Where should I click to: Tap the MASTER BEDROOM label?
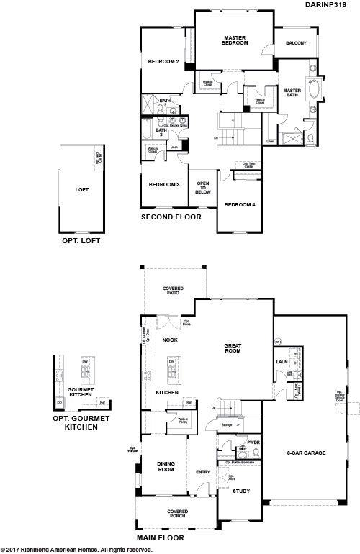pyautogui.click(x=235, y=40)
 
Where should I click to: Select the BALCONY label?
pyautogui.click(x=296, y=43)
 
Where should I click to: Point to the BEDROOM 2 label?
pyautogui.click(x=163, y=62)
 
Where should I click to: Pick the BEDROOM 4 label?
pyautogui.click(x=239, y=204)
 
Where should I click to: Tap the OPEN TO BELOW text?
pyautogui.click(x=202, y=189)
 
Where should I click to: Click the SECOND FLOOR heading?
pyautogui.click(x=171, y=217)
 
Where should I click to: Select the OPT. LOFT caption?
pyautogui.click(x=81, y=241)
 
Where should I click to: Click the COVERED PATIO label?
pyautogui.click(x=173, y=291)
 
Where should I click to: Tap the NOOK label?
pyautogui.click(x=170, y=340)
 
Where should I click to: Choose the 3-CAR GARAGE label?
pyautogui.click(x=306, y=453)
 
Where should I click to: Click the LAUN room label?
pyautogui.click(x=282, y=361)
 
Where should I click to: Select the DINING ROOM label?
pyautogui.click(x=166, y=466)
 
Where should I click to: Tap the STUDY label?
pyautogui.click(x=240, y=491)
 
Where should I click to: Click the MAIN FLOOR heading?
pyautogui.click(x=161, y=537)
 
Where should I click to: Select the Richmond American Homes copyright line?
pyautogui.click(x=76, y=549)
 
